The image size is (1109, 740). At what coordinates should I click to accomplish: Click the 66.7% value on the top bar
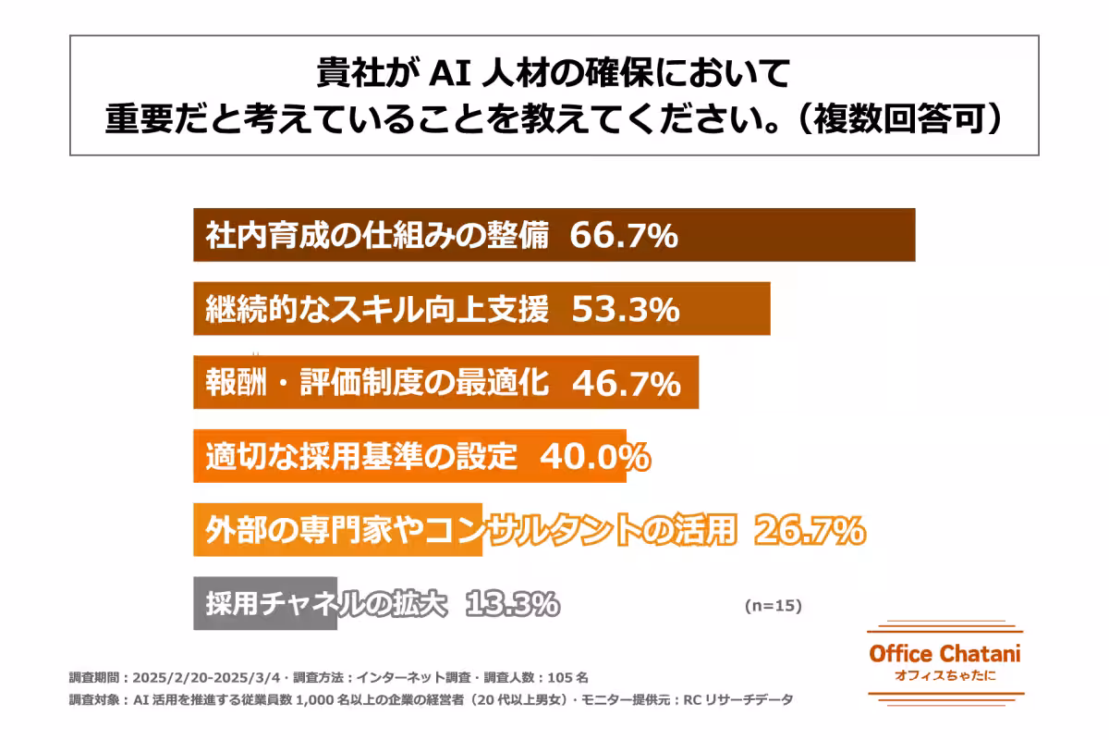(624, 236)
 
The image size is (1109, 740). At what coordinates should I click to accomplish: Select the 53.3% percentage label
(626, 309)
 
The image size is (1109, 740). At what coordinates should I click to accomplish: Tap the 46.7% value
(627, 383)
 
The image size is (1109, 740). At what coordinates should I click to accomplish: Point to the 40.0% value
(593, 456)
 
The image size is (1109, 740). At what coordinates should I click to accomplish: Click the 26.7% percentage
(810, 530)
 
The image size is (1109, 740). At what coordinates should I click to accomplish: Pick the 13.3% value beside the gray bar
(512, 604)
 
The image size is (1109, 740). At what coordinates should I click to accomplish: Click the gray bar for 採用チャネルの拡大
(265, 604)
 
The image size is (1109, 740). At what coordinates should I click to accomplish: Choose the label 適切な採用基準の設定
(360, 456)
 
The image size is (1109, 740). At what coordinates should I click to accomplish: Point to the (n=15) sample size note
(773, 606)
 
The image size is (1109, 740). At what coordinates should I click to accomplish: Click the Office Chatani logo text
(944, 653)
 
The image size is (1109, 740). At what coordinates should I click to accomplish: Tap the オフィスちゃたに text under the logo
(944, 675)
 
